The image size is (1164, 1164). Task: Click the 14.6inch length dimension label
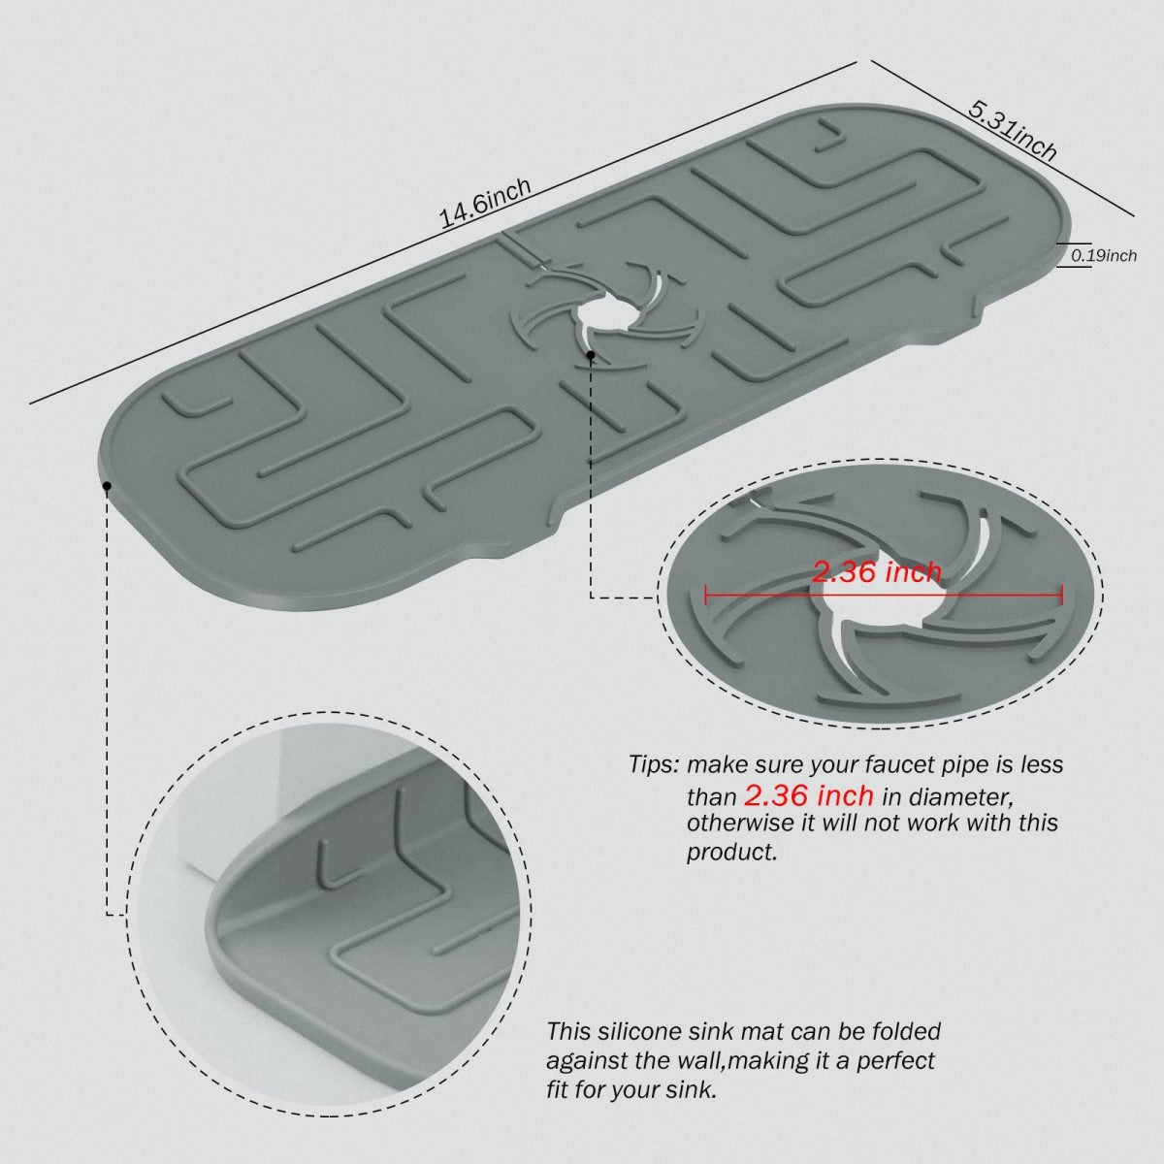[x=485, y=204]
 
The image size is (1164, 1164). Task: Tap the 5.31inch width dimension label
[x=1013, y=132]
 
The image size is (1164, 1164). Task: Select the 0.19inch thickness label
[x=1104, y=255]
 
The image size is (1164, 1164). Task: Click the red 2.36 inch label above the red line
[x=877, y=572]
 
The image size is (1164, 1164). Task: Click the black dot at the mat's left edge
[x=107, y=486]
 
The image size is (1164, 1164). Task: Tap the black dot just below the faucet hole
[x=591, y=355]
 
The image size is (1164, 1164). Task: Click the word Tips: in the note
[x=655, y=764]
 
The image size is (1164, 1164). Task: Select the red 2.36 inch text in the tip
[x=808, y=795]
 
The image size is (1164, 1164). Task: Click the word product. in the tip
[x=731, y=853]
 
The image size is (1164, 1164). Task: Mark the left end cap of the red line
[x=706, y=595]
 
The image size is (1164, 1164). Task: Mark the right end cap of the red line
[x=1061, y=595]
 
